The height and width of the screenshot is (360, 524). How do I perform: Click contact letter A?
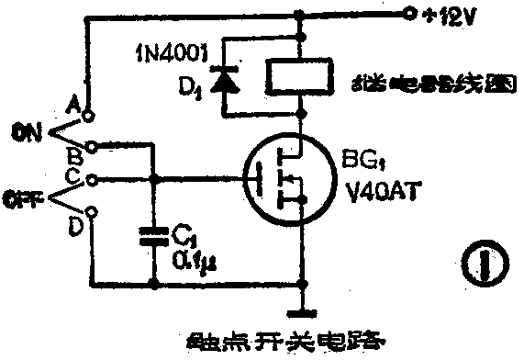73,105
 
